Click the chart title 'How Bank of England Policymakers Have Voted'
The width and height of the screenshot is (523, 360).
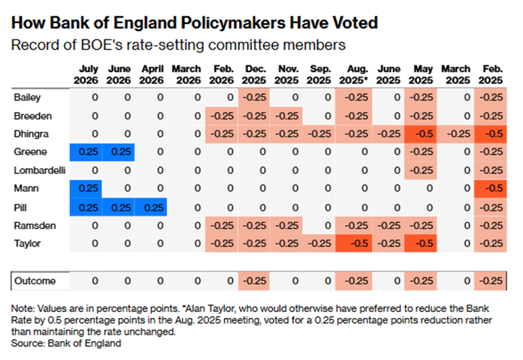195,23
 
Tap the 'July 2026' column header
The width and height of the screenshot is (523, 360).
86,75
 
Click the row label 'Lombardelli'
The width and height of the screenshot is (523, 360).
39,171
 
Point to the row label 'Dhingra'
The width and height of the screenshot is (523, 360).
31,134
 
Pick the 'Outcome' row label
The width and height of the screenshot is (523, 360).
35,281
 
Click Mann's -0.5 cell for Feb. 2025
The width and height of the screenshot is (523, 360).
490,189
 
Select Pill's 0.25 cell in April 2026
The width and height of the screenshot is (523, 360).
151,207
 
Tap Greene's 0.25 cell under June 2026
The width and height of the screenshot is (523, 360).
118,152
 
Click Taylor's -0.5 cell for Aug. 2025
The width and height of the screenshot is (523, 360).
354,244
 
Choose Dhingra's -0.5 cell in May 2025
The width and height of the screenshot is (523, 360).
421,134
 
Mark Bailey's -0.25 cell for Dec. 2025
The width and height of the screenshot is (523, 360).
254,98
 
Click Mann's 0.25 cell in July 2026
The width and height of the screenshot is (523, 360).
86,189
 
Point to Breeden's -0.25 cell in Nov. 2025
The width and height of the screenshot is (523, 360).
286,116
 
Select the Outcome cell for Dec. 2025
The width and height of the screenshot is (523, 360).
254,281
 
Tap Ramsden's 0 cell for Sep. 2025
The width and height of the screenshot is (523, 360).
319,226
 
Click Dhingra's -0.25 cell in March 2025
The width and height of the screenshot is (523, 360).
455,134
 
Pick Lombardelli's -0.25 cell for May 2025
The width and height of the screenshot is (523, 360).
421,171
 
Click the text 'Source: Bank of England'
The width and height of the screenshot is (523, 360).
66,343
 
